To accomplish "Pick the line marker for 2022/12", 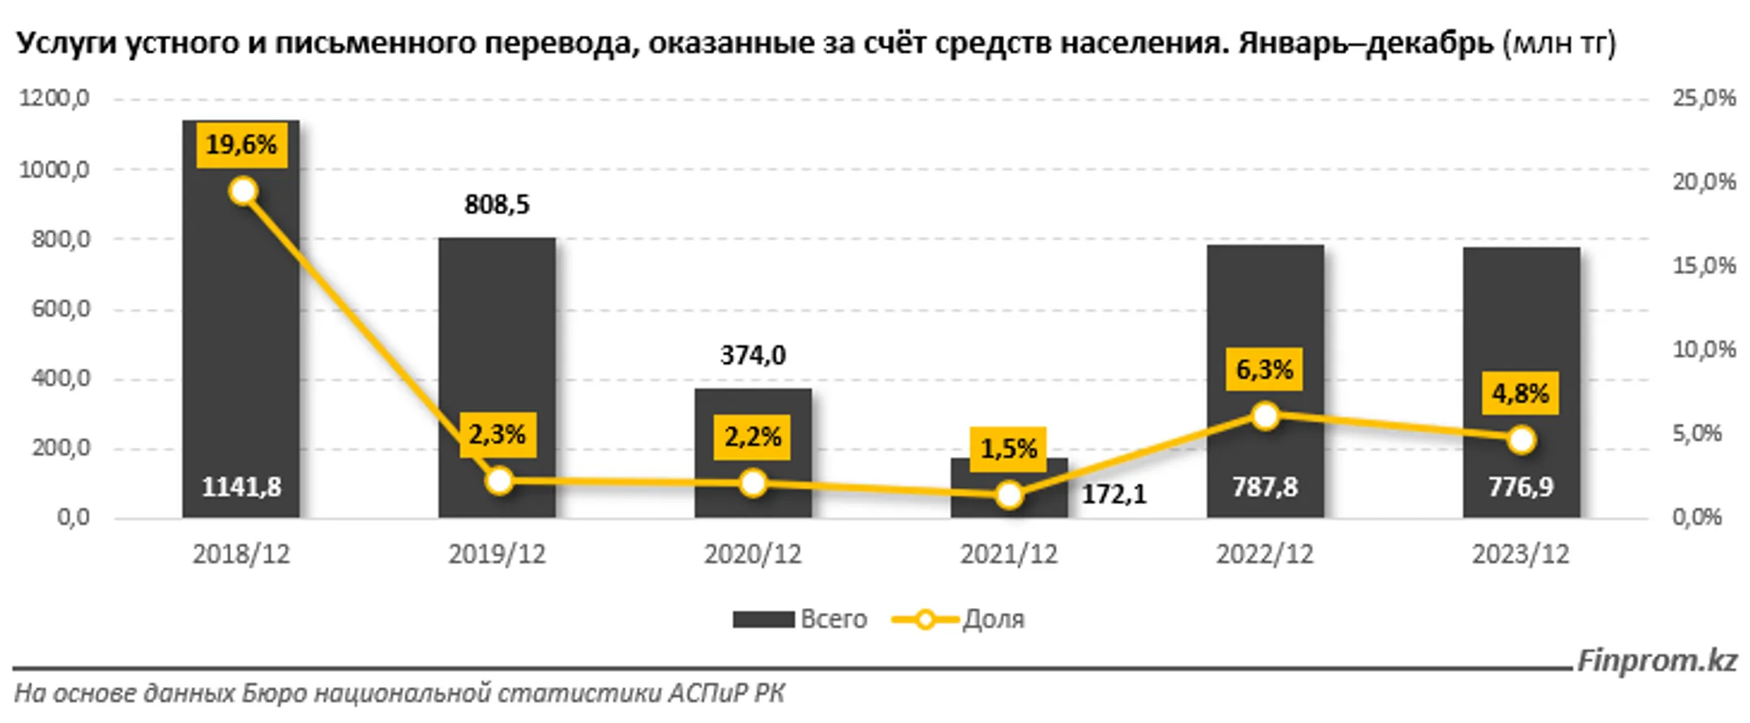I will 1265,417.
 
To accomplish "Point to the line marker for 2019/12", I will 499,481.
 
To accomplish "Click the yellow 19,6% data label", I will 241,145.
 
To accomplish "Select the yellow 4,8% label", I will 1520,394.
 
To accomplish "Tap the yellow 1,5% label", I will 1009,448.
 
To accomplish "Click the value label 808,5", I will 497,205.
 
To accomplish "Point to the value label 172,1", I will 1114,494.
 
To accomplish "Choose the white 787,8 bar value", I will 1265,487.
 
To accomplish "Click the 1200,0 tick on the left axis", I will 54,99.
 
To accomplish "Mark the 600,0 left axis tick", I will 61,309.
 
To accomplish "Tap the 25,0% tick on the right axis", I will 1704,99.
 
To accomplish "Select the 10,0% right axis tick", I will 1704,350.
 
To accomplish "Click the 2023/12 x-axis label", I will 1520,554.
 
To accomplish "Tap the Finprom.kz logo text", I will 1657,661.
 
